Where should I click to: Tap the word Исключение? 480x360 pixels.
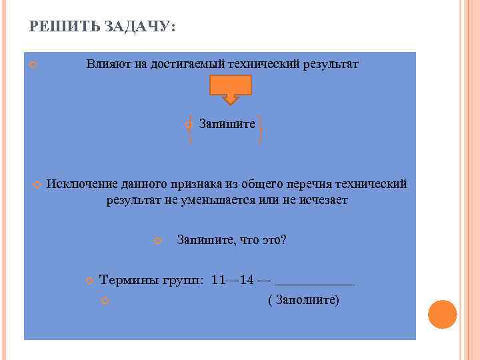point(82,185)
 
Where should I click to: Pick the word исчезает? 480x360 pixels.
point(321,201)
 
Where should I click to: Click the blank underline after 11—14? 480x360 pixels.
point(314,283)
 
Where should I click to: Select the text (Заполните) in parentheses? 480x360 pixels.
point(303,301)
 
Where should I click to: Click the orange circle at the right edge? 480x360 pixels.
point(442,314)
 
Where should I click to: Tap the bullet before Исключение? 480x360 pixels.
point(37,185)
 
